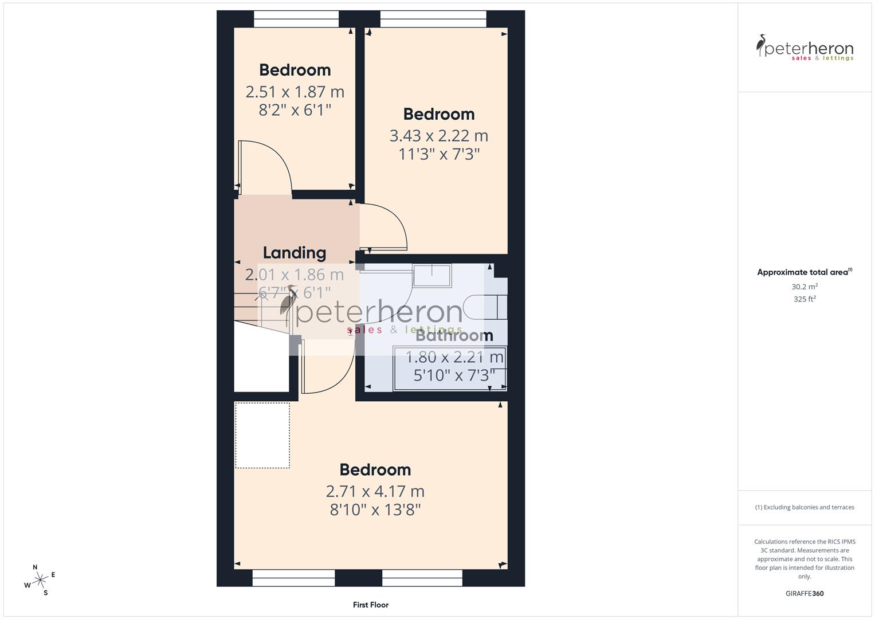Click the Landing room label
tap(294, 253)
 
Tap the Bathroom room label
tap(454, 336)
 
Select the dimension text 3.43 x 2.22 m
tap(438, 136)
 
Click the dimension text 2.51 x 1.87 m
tap(295, 92)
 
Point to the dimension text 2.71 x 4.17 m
tap(375, 491)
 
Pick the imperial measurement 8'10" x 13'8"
tap(375, 510)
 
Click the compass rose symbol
tap(40, 580)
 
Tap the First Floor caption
tap(370, 605)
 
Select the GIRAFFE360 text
tap(804, 593)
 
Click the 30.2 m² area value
tap(804, 287)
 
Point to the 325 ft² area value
tap(804, 299)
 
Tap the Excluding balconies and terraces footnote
tap(804, 507)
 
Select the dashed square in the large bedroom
tap(262, 436)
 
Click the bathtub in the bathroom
tap(449, 369)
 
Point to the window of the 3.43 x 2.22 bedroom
tap(433, 19)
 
